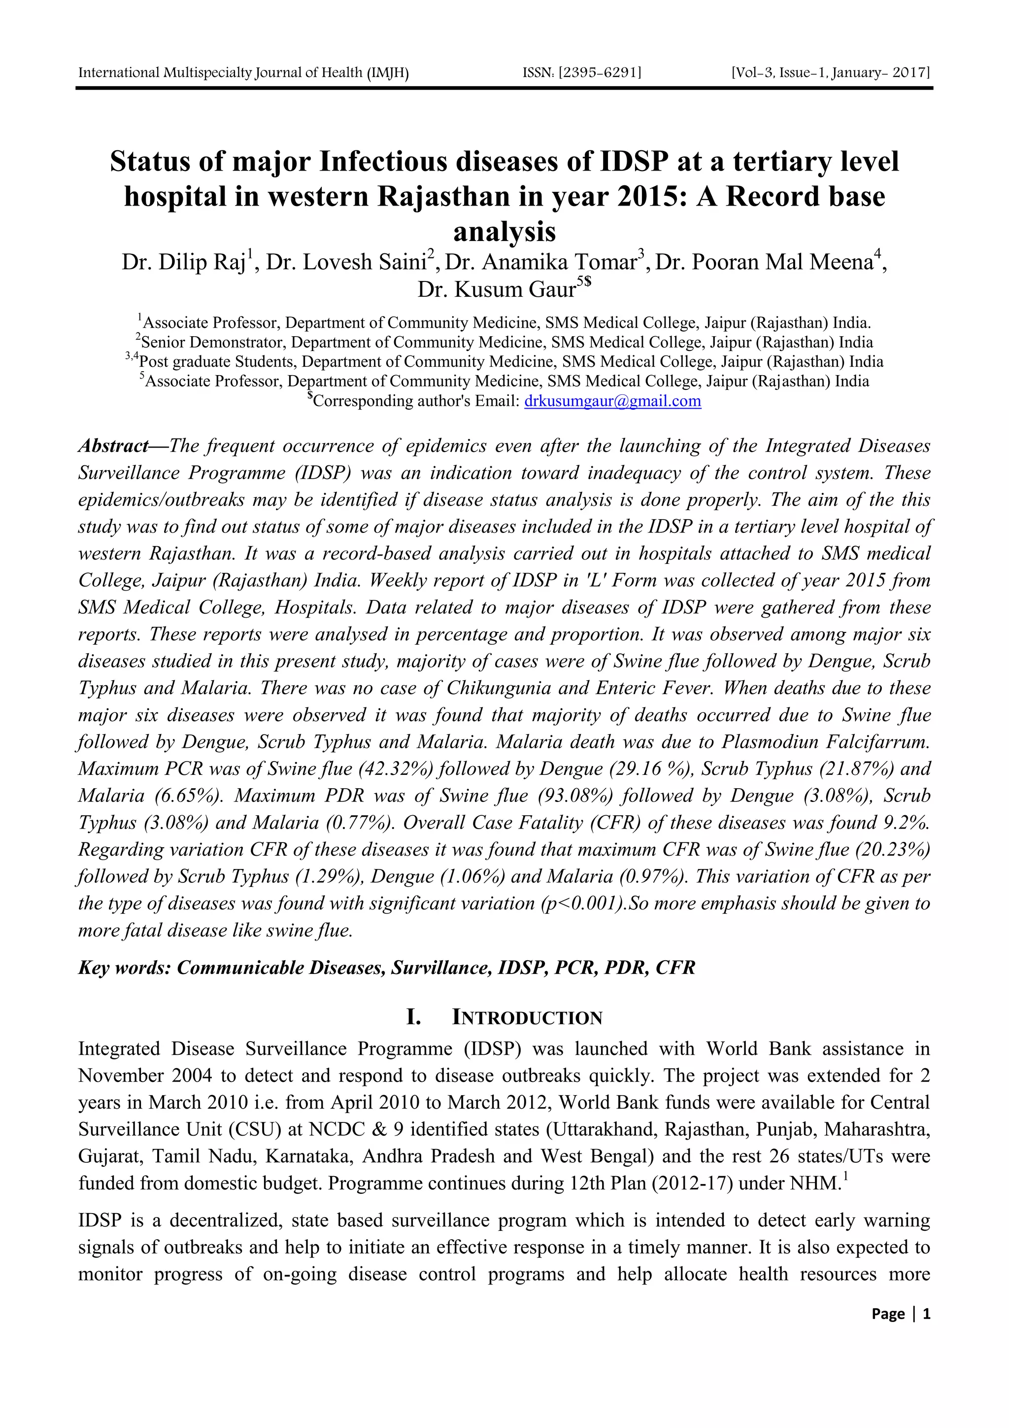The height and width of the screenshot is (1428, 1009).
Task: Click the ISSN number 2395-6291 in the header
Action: point(582,73)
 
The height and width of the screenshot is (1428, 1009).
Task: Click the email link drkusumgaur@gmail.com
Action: point(612,401)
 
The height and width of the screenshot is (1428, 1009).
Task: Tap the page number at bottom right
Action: point(900,1314)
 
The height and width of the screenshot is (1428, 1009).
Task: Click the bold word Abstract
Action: point(112,446)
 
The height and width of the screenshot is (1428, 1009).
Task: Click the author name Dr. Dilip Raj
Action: point(183,262)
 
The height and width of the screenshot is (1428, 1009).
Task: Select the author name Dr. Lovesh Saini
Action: point(345,262)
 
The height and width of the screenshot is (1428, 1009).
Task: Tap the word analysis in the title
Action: point(504,232)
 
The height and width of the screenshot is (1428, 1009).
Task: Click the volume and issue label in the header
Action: point(831,73)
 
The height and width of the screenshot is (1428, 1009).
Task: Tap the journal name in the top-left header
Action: point(243,73)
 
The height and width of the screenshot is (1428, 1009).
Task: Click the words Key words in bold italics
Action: point(124,968)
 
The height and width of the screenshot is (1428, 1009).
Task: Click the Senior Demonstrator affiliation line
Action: point(504,343)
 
